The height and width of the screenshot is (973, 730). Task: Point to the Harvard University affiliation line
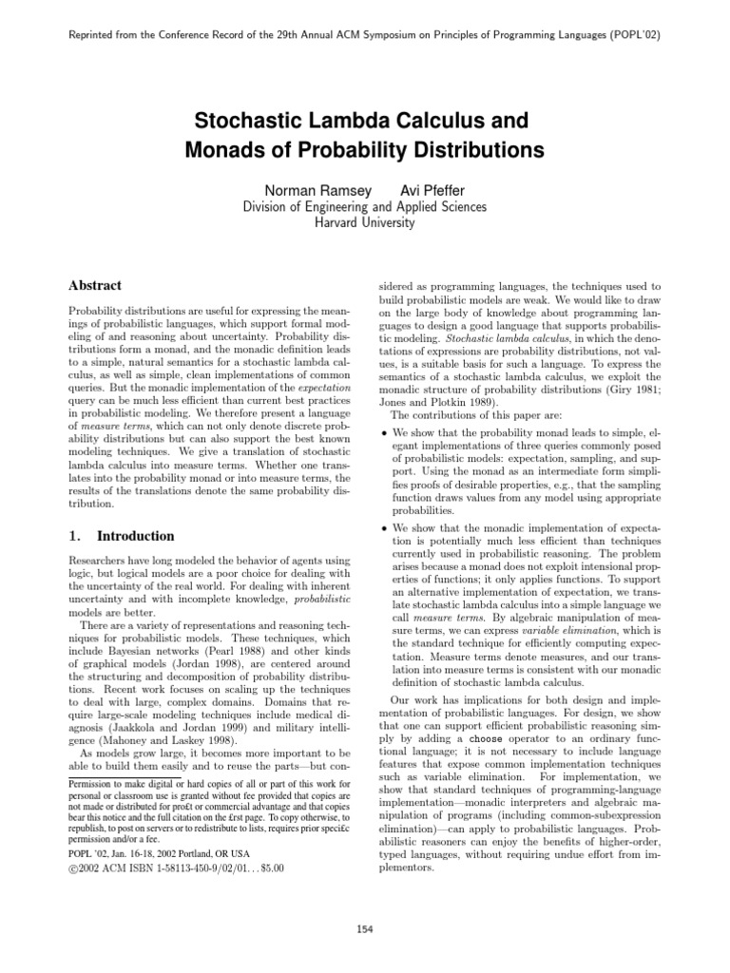click(x=364, y=222)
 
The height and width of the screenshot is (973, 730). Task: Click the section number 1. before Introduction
click(x=77, y=536)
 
